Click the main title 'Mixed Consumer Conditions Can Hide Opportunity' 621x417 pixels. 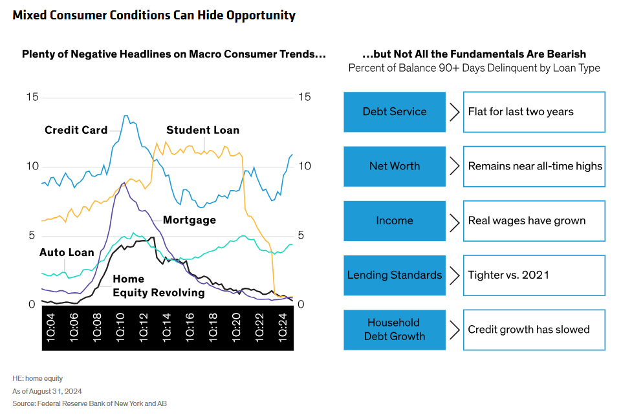click(x=153, y=16)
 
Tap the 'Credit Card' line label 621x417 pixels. click(x=76, y=130)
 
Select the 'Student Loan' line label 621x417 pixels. click(x=202, y=130)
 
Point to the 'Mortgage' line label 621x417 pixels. click(x=189, y=220)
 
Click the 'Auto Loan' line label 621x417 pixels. click(x=67, y=252)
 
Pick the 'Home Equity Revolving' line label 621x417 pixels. click(x=158, y=286)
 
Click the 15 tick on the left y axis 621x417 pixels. click(x=32, y=97)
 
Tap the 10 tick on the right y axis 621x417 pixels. click(x=304, y=166)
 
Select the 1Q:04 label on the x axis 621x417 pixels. click(x=50, y=327)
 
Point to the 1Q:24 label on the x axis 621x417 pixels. click(x=283, y=327)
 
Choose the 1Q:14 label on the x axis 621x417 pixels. click(x=166, y=327)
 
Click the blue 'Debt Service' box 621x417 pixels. click(x=395, y=112)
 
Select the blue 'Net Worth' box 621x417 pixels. click(x=395, y=166)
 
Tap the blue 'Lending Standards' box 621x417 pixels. click(x=395, y=275)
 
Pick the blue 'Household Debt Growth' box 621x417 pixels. click(x=395, y=329)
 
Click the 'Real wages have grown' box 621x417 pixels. click(x=534, y=220)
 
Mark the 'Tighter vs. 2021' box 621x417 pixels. click(x=534, y=275)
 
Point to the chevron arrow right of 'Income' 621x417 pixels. click(x=454, y=220)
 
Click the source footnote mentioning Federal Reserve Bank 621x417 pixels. click(x=89, y=403)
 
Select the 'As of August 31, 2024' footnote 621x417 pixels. click(x=47, y=391)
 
